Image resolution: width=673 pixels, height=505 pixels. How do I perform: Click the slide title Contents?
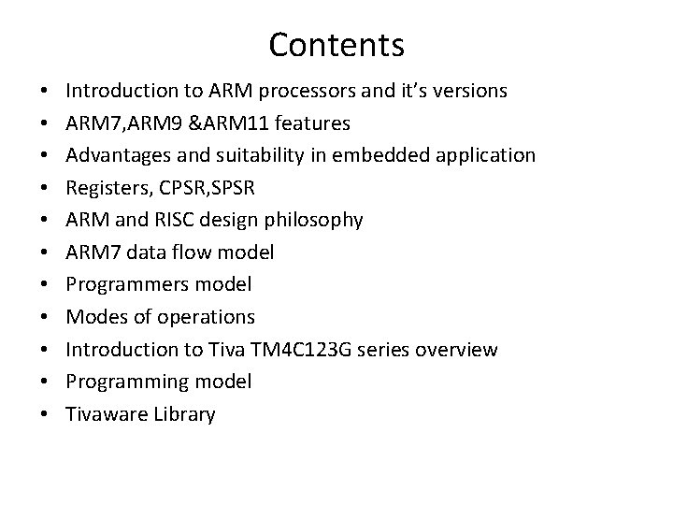[336, 44]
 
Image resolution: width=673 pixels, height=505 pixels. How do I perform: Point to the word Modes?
[93, 316]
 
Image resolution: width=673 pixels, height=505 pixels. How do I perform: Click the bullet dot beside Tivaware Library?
[45, 415]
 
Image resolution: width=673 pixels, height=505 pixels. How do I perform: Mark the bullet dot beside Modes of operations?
[45, 318]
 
